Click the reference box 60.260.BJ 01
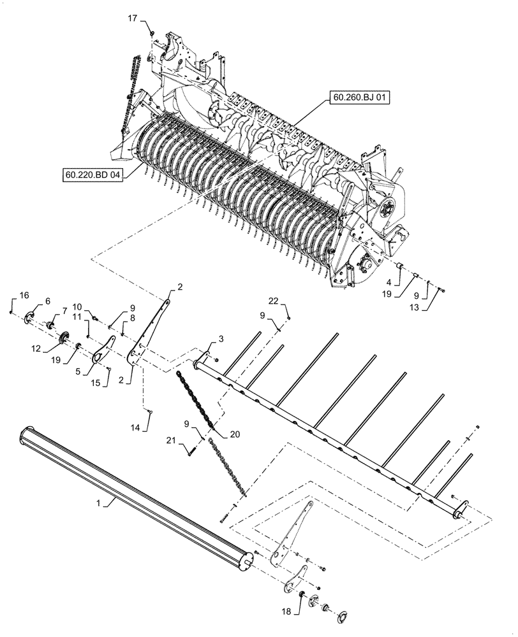pos(360,97)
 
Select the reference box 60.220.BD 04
pos(92,174)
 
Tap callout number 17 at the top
pos(132,19)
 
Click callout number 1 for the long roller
pos(98,503)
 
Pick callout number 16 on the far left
pos(24,295)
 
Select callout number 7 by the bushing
pos(64,310)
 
